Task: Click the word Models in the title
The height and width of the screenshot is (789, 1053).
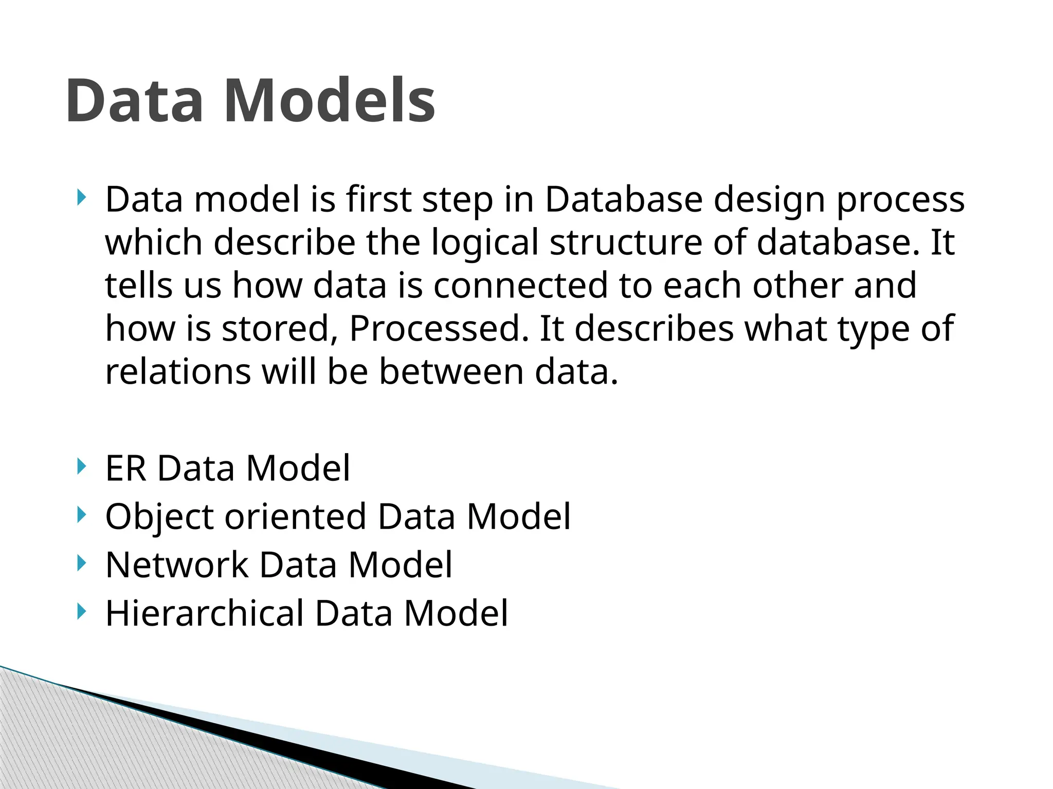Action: pos(329,101)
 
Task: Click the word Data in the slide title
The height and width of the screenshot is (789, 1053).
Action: pos(135,101)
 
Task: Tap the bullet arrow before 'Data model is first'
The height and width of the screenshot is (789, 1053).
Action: pos(80,197)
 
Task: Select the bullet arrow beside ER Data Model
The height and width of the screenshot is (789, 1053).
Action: pos(80,466)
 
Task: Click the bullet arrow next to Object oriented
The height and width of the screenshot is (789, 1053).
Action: pos(80,515)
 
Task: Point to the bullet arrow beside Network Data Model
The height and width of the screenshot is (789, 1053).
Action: pos(80,563)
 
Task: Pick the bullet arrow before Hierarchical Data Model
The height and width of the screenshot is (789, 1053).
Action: pos(80,611)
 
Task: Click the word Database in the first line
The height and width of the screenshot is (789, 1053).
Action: pos(623,199)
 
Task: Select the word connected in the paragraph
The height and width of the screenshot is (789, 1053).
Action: pos(520,286)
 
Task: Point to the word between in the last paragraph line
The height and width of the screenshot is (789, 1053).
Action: pos(451,372)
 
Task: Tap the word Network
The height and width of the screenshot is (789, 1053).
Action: pos(177,565)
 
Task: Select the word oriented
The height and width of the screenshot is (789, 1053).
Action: pos(295,517)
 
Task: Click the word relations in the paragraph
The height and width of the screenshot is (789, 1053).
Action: pos(178,372)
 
